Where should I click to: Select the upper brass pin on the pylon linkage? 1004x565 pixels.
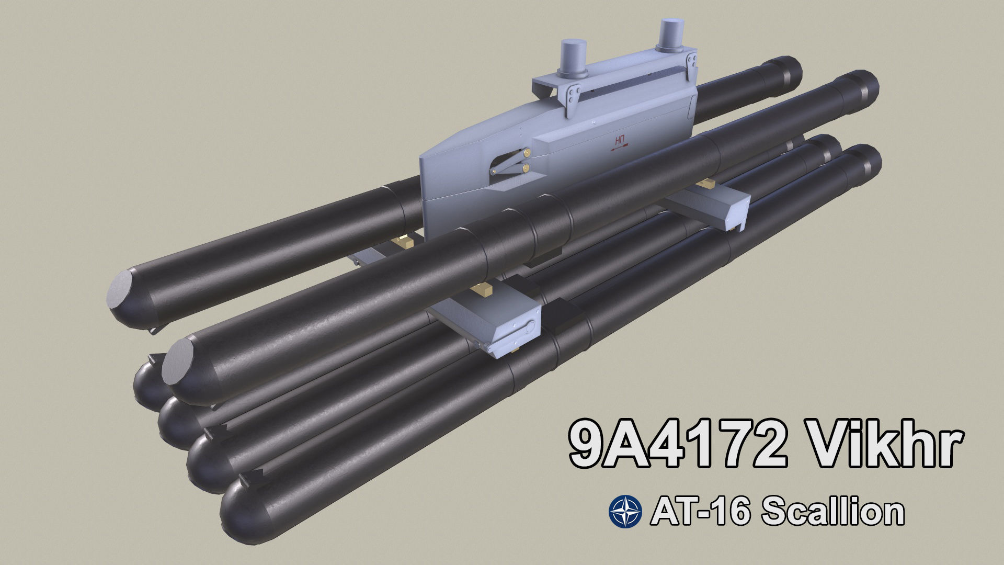coord(527,152)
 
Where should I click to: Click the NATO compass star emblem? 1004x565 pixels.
coord(625,512)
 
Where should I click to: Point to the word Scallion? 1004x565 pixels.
coord(832,512)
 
